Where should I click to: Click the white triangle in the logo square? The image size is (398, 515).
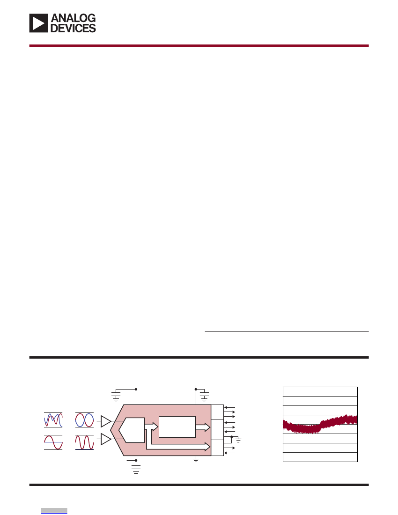coord(38,23)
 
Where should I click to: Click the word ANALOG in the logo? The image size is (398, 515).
coord(73,18)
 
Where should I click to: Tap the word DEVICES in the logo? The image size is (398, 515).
coord(73,28)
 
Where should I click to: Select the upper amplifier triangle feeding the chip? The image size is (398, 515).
coord(106,421)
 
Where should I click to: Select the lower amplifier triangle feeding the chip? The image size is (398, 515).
coord(106,439)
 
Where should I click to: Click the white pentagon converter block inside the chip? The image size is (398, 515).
coord(132,430)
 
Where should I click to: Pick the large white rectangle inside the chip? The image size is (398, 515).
coord(177,427)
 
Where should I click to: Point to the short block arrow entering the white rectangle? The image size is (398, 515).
coord(151,427)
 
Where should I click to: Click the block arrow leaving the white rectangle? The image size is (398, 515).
coord(203,427)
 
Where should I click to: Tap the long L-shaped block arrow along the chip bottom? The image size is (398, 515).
coord(177,447)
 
